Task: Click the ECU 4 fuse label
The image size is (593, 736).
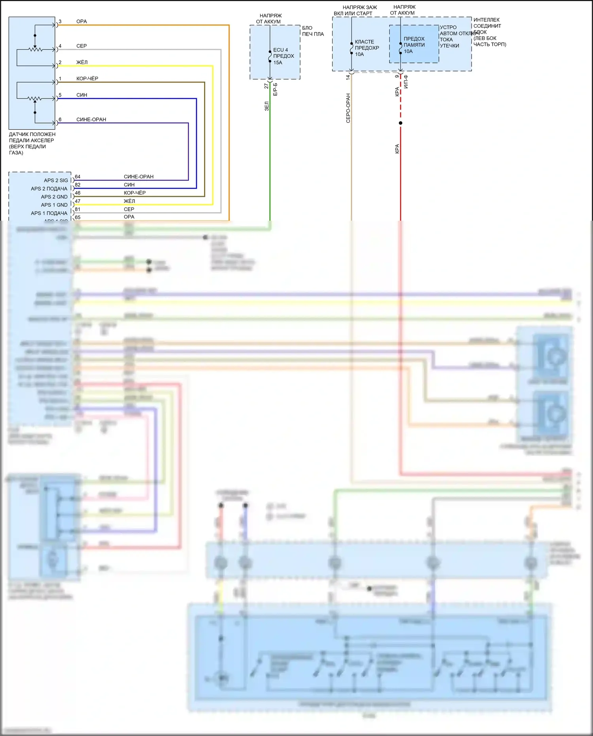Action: click(x=283, y=56)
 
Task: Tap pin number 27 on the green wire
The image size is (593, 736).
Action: click(x=266, y=86)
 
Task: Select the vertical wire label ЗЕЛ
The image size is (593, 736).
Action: click(x=267, y=106)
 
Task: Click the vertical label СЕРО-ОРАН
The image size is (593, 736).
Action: click(x=348, y=108)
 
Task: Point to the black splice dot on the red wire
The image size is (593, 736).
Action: click(x=400, y=123)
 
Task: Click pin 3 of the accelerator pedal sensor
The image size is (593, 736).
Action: click(x=60, y=22)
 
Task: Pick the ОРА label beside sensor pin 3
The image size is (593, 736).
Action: click(x=81, y=22)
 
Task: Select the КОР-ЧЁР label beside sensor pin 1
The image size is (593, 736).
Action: click(x=87, y=79)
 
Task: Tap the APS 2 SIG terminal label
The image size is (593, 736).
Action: click(x=56, y=180)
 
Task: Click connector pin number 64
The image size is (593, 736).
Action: click(x=77, y=177)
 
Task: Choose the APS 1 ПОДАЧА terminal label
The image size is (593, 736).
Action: click(x=49, y=213)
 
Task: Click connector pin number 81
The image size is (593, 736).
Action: click(x=77, y=209)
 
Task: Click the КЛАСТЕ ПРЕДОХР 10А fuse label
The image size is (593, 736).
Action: click(x=366, y=48)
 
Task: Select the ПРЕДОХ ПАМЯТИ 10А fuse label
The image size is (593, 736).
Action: click(x=414, y=45)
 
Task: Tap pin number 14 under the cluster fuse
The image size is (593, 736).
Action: click(x=348, y=78)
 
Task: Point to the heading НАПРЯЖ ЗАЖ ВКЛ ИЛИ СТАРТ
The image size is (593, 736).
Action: click(x=356, y=10)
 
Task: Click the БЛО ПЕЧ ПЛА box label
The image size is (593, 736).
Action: click(x=313, y=31)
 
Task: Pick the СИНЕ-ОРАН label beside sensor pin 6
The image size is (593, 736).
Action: click(x=91, y=119)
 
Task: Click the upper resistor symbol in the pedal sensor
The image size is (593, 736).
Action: click(x=36, y=50)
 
